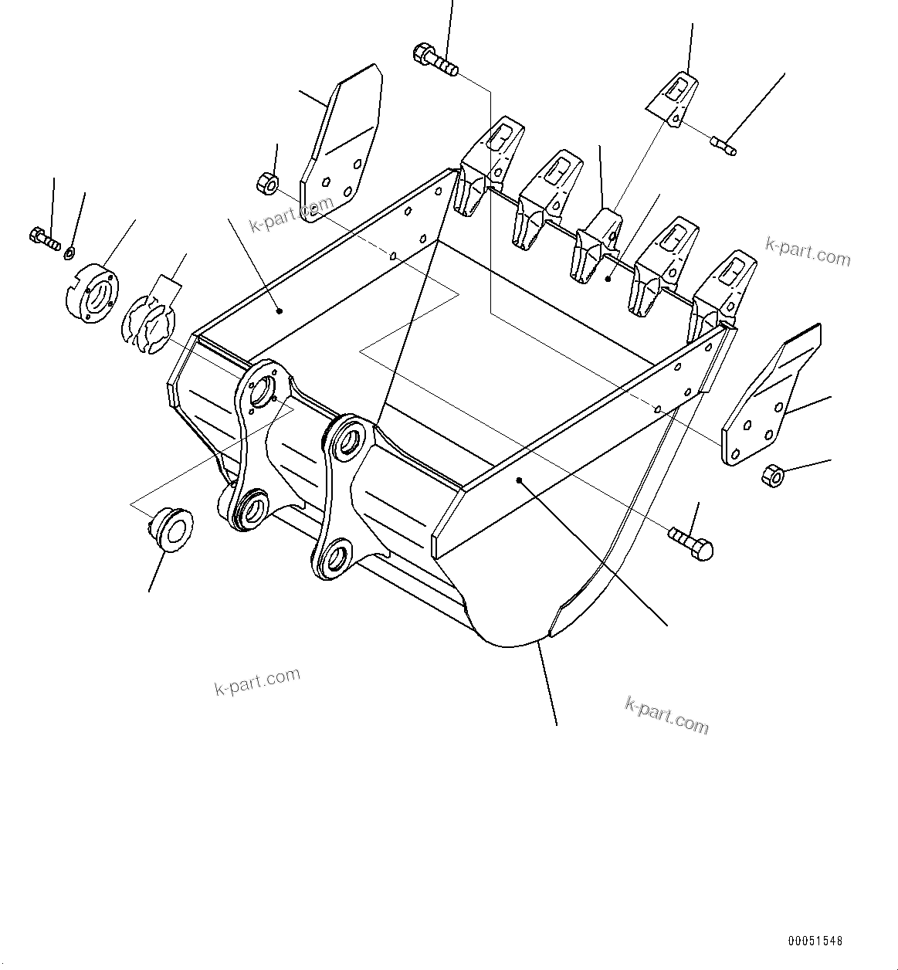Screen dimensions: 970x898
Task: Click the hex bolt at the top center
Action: (x=436, y=61)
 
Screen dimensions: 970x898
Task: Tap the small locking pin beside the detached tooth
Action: (x=723, y=145)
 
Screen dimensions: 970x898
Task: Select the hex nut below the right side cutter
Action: (x=772, y=475)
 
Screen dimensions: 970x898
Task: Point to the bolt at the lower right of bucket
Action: (x=692, y=541)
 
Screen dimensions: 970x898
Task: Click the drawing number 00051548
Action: (x=815, y=941)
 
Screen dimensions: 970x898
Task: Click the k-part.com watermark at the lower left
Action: (x=257, y=680)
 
